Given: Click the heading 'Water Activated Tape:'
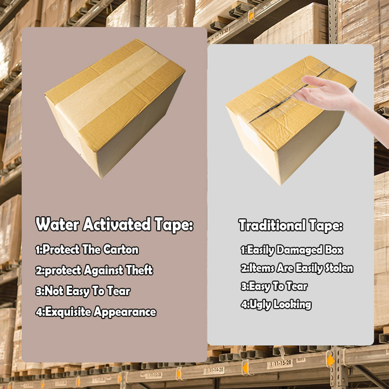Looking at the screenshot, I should coord(115,225).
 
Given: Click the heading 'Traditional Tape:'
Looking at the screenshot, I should coord(290,226).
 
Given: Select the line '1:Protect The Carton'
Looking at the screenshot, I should coord(87,250).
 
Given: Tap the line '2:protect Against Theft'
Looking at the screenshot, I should coord(94,270).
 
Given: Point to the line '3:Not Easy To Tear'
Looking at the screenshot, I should coord(83,291).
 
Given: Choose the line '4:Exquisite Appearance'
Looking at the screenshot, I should coord(96,312).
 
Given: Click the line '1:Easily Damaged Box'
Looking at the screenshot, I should coord(292,250).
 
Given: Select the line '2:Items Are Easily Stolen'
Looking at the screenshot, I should coord(297,268).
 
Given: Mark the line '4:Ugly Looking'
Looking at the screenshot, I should coord(276,305).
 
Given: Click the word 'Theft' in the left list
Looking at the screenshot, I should coord(140,270).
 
